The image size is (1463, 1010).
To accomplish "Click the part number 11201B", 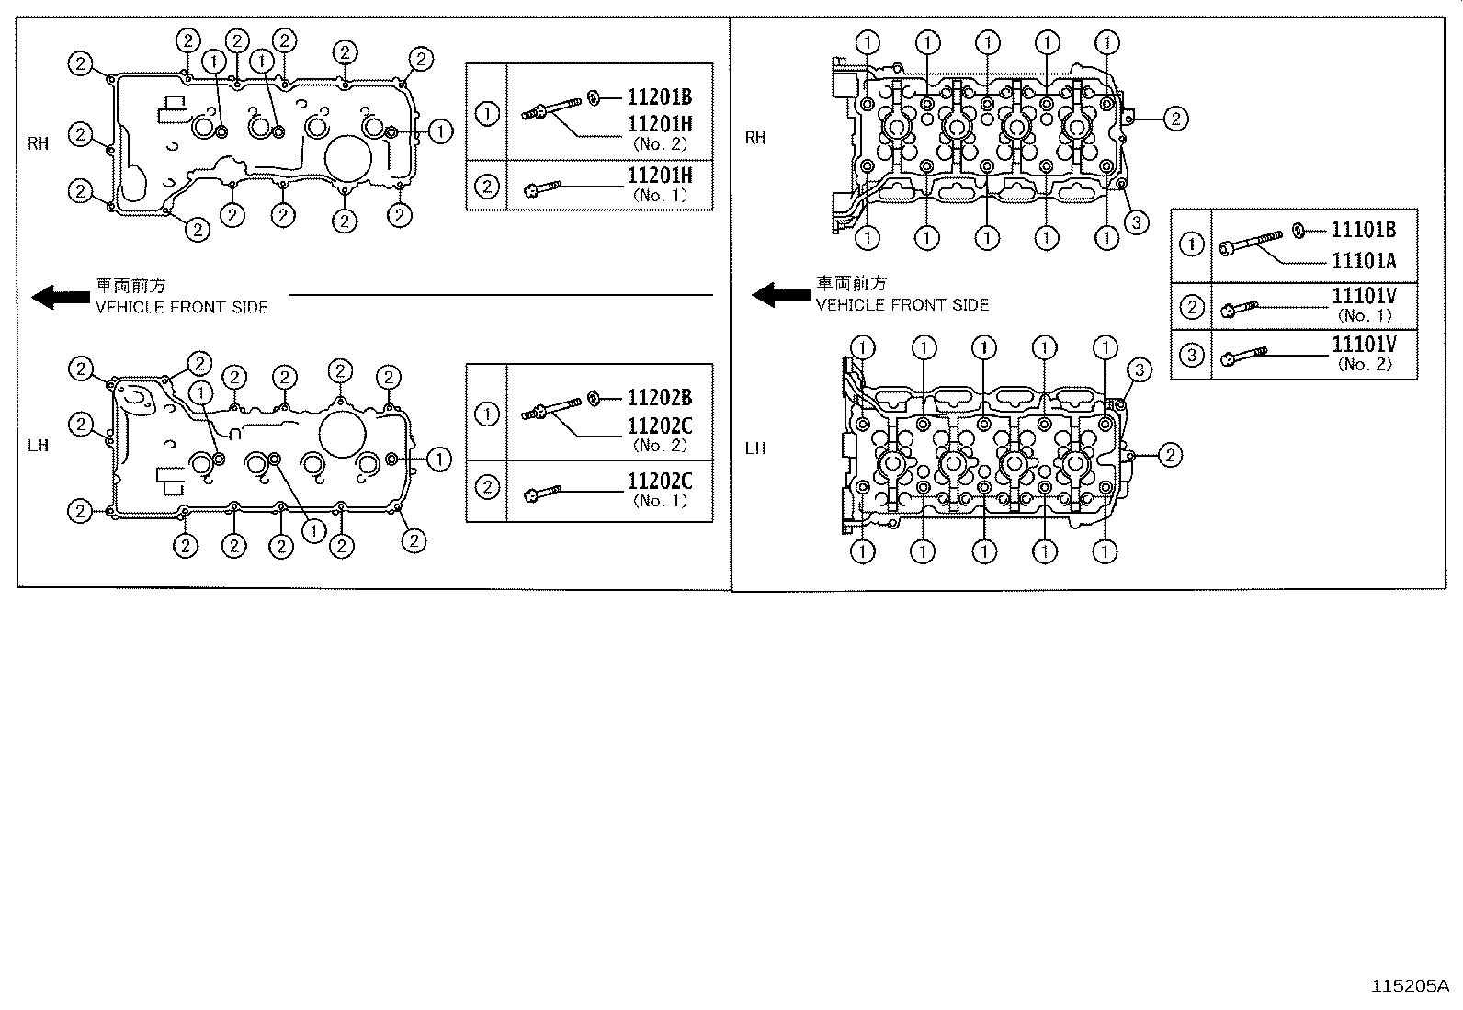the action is tap(660, 96).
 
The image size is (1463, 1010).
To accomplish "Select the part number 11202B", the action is tap(660, 397).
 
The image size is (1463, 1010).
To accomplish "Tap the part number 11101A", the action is tap(1364, 261).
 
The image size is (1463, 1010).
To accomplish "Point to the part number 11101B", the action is tap(1364, 230).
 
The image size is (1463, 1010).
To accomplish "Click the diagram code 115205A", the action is tap(1410, 986).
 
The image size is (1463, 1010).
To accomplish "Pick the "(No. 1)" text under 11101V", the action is tap(1365, 315).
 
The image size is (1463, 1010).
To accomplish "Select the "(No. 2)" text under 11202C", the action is tap(660, 445).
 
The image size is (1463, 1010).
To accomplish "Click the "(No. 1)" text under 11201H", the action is tap(660, 195).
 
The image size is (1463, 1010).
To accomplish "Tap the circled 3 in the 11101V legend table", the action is tap(1192, 355).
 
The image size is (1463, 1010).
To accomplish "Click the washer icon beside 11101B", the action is tap(1299, 230).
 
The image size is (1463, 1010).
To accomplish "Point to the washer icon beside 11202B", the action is tap(594, 398).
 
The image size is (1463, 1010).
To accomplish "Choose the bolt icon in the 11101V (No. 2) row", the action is tap(1243, 356).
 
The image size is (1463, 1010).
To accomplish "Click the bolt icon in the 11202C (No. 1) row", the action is tap(542, 493).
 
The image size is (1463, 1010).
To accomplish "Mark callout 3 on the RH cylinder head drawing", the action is tap(1137, 222).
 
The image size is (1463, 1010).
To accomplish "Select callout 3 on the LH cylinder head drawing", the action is tap(1140, 370).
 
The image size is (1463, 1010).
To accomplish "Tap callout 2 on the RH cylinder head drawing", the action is tap(1176, 119).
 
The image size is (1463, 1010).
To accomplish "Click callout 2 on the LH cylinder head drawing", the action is tap(1171, 455).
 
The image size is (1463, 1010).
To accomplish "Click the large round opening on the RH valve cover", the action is tap(348, 158).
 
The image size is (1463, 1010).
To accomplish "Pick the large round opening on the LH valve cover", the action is tap(343, 435).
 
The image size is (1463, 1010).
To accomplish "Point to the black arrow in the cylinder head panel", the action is tap(781, 295).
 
